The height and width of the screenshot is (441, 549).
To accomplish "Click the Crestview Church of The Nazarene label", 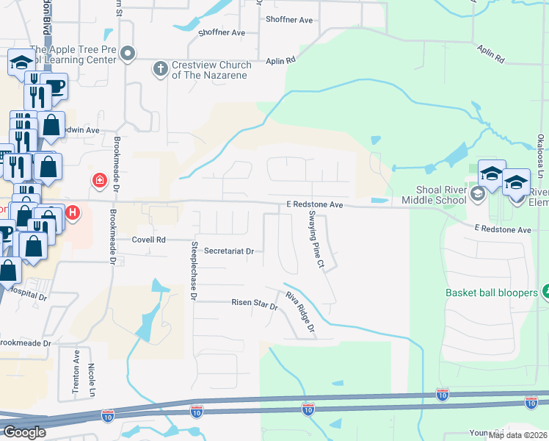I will click(212, 71).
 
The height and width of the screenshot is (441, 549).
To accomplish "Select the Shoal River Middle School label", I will click(434, 195).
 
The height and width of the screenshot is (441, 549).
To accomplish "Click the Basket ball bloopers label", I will click(492, 293).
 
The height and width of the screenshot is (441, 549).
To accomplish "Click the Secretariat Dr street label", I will click(228, 251).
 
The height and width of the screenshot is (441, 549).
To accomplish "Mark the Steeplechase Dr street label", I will click(194, 271).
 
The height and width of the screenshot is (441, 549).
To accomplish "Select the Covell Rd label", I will click(150, 240).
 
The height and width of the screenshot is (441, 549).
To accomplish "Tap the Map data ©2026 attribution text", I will click(518, 435).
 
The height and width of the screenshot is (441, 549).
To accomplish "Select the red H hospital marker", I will click(73, 214).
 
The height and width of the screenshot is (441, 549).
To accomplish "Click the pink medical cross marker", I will click(98, 180).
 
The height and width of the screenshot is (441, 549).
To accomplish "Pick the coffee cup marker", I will click(54, 86).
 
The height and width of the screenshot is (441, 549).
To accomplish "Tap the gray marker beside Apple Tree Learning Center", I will click(129, 52).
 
